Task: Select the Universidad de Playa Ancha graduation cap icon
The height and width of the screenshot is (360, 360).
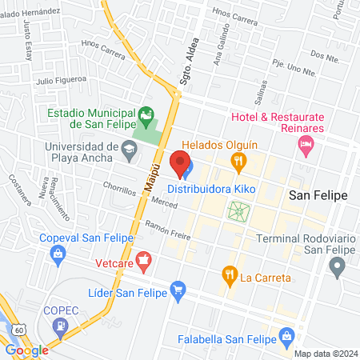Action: (x=129, y=147)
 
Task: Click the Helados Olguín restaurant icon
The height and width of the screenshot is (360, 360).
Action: (x=238, y=162)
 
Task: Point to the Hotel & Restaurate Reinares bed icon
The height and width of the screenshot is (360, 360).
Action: (x=305, y=143)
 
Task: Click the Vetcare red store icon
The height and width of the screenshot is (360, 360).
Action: (x=144, y=258)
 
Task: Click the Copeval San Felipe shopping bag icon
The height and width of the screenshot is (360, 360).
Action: (x=57, y=254)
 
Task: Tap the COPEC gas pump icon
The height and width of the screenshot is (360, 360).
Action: (x=60, y=326)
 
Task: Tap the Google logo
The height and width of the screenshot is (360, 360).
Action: (x=26, y=350)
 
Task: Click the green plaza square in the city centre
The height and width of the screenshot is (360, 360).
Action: (x=238, y=212)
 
